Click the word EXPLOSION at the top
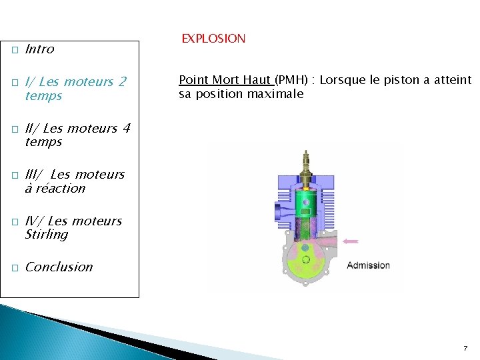pos(213,39)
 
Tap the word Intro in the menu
pos(39,49)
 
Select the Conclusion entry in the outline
pos(59,267)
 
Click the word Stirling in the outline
pos(46,235)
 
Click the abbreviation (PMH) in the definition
pos(292,80)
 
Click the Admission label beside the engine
pos(368,265)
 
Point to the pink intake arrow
pos(350,241)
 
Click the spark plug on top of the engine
pos(306,164)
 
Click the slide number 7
pos(465,348)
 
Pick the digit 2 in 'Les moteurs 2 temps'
pos(121,82)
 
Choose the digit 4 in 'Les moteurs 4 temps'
pos(126,128)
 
